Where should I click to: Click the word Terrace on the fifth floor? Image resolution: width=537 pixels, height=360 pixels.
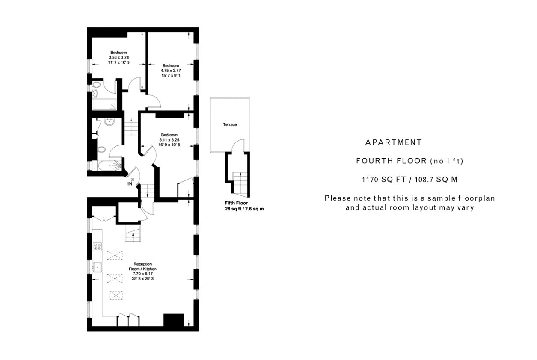point(230,124)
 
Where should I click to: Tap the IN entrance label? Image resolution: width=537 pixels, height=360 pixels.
point(130,184)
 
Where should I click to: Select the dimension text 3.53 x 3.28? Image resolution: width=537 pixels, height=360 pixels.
point(119,57)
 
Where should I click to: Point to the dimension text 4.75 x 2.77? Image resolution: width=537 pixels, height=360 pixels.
point(171,71)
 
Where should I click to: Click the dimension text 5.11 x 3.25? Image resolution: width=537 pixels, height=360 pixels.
point(169,140)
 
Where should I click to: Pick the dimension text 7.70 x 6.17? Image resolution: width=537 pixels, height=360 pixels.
point(142,274)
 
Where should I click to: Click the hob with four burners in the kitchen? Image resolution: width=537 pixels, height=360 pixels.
point(98,247)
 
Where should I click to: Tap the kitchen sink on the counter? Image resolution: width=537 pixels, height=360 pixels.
point(98,267)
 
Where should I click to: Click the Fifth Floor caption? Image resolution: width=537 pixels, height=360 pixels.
point(236,203)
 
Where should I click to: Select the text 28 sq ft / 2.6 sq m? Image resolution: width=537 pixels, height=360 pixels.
point(244,209)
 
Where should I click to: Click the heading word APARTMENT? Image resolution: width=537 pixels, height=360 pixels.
point(393,142)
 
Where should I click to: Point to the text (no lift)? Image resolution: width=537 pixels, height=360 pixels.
point(447,161)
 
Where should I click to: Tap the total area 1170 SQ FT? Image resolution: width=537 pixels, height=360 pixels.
point(384,180)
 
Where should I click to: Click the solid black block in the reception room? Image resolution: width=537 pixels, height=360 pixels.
point(174,320)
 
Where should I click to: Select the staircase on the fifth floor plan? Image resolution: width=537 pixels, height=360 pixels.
point(240,184)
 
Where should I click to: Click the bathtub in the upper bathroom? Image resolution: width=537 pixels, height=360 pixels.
point(104,105)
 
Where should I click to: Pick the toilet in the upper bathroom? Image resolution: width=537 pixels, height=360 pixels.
point(97,85)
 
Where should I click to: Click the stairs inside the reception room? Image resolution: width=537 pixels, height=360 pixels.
point(133,233)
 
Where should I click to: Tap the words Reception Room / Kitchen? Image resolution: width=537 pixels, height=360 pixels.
point(142,266)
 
